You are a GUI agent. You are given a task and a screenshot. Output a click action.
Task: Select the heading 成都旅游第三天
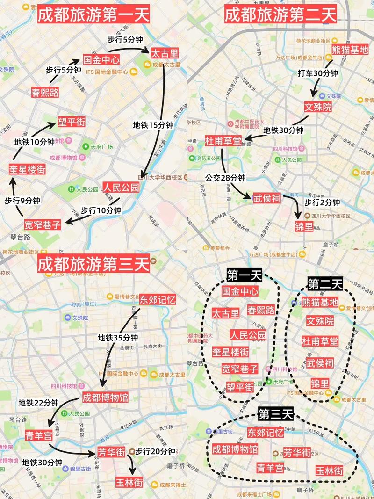tap(93, 264)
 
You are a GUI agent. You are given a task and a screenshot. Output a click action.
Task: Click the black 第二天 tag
tap(325, 283)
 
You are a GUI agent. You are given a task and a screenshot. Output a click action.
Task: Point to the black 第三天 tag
tap(275, 413)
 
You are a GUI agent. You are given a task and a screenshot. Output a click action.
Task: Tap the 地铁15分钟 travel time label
tap(153, 125)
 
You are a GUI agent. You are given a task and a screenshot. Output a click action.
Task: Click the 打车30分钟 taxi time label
tap(317, 73)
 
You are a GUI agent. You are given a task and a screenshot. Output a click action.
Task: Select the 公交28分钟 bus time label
tap(225, 178)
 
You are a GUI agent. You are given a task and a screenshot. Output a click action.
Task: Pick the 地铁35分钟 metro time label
tap(118, 338)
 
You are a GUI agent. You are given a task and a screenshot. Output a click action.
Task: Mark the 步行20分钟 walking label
tap(155, 451)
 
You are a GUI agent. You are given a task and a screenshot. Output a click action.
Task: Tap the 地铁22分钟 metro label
tap(38, 403)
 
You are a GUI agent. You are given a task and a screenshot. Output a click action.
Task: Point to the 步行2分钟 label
tap(322, 202)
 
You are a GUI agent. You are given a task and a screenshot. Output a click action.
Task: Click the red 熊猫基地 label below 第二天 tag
tap(320, 303)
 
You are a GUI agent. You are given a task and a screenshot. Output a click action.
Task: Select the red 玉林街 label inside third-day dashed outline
tap(329, 470)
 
